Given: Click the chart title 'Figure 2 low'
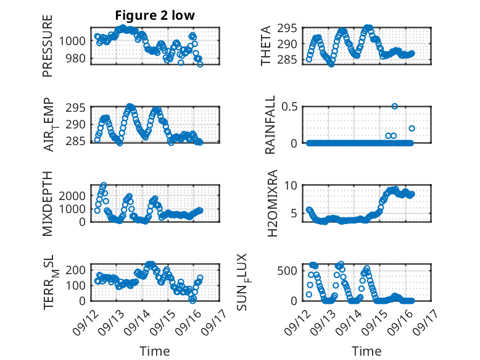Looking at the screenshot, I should pos(155,15).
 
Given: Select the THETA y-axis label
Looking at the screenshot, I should pos(266,46).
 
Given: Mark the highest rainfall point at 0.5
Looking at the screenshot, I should pos(394,106).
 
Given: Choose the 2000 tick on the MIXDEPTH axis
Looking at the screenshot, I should pos(73,195).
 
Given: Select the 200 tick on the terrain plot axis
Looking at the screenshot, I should pos(76,269).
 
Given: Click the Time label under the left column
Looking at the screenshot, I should pos(155,351).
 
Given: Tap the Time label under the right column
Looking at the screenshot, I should pos(367,351).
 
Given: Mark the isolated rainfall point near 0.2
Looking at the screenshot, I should pos(412,128).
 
